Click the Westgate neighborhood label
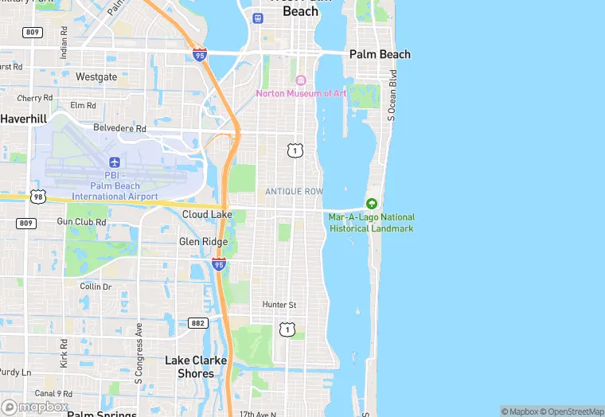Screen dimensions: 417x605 click(x=96, y=77)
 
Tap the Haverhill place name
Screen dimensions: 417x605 click(x=24, y=119)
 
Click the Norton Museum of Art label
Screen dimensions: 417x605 click(x=301, y=93)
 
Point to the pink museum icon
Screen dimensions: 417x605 click(x=301, y=80)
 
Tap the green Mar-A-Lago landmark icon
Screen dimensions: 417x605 click(x=371, y=205)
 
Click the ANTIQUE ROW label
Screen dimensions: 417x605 click(x=295, y=192)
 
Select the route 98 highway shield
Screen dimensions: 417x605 click(x=37, y=196)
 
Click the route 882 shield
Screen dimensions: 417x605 click(x=198, y=323)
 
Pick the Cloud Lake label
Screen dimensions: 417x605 click(x=207, y=215)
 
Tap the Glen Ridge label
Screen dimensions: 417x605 click(x=203, y=242)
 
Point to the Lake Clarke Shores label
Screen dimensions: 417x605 click(x=196, y=367)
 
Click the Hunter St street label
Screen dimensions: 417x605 click(x=279, y=305)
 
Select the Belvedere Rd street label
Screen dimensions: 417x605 click(x=120, y=128)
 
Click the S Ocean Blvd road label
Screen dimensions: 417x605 click(x=392, y=95)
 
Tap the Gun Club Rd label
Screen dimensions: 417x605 click(x=81, y=222)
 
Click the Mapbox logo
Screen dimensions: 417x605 click(x=35, y=407)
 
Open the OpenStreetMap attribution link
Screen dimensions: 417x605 click(x=572, y=411)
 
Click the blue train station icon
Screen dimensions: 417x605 click(x=257, y=18)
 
